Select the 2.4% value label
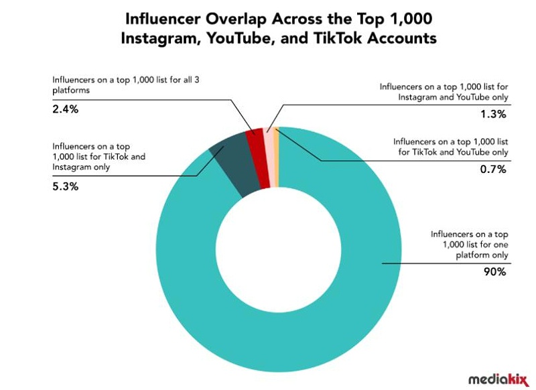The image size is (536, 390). point(65,108)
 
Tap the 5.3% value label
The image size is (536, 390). point(65,186)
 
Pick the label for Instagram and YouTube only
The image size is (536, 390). point(442,92)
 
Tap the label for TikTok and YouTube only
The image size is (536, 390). point(450,147)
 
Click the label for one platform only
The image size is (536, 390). point(468,245)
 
